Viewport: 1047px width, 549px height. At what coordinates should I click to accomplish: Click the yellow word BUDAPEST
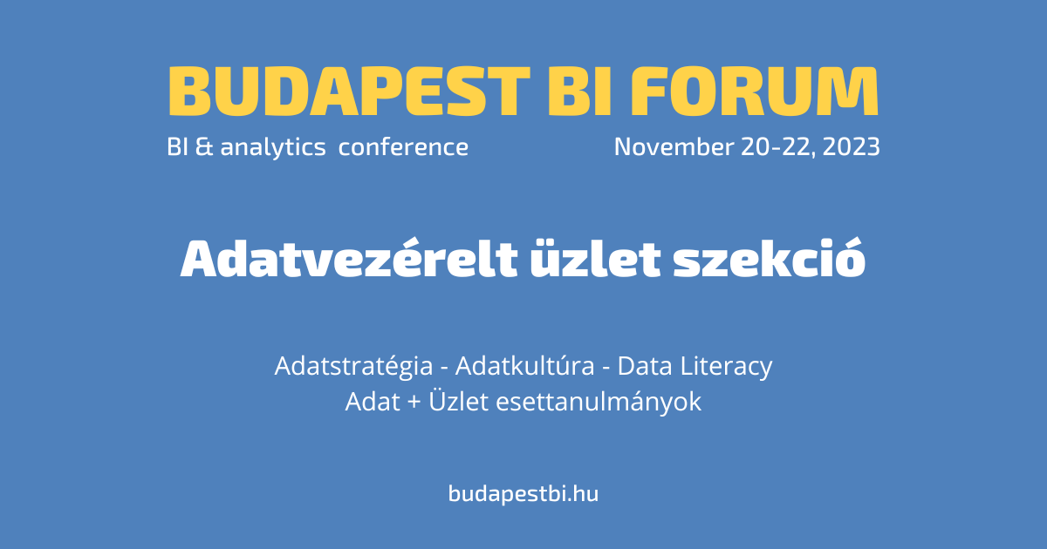click(349, 91)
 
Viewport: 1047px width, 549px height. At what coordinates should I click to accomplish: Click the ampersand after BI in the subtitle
click(204, 146)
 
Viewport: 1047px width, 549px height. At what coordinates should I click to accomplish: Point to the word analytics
click(273, 147)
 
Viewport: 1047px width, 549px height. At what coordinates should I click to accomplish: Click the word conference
click(403, 146)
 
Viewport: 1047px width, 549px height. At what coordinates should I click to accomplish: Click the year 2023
click(852, 146)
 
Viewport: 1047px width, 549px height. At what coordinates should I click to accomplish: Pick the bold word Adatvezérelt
click(349, 258)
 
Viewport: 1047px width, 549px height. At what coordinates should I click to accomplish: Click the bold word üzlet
click(595, 259)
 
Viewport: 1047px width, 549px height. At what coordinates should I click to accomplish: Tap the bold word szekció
click(770, 258)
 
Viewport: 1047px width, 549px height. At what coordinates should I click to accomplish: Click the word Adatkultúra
click(525, 365)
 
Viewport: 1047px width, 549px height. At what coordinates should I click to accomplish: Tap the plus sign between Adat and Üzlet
click(414, 403)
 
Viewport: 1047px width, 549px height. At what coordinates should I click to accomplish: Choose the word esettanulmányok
click(599, 403)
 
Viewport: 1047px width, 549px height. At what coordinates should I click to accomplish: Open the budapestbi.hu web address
click(523, 494)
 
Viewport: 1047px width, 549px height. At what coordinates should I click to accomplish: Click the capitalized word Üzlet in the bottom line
click(459, 401)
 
